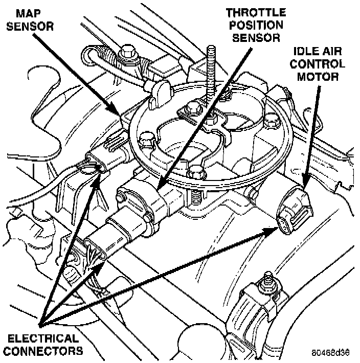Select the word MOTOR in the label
click(320, 77)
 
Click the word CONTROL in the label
click(320, 64)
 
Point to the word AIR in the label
click(336, 52)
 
